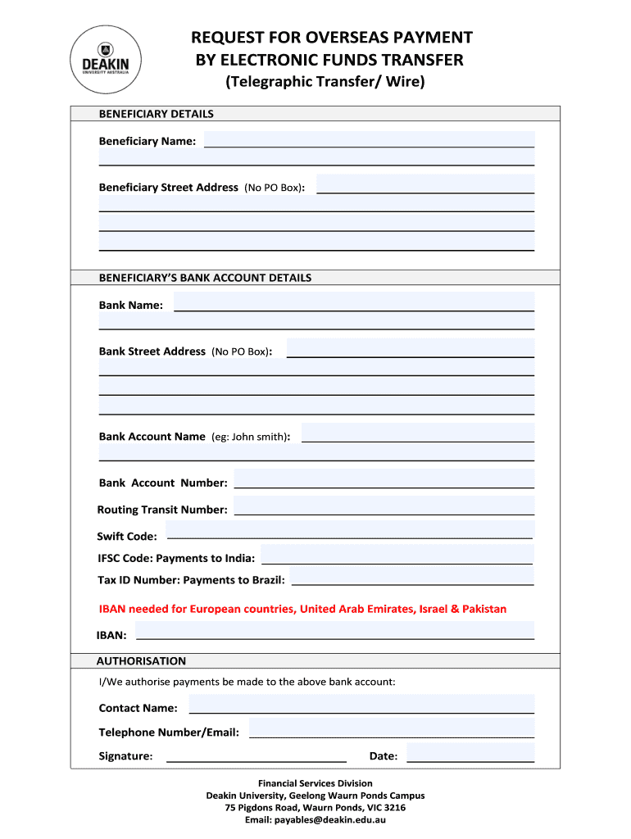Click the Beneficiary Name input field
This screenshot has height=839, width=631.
pos(369,139)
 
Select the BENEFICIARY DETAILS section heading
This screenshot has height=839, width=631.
pos(156,114)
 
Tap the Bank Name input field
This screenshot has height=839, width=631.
pos(354,302)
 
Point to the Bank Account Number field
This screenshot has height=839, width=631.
pos(384,480)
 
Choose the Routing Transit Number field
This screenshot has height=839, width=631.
pos(384,506)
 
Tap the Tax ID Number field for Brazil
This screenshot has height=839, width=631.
pos(412,578)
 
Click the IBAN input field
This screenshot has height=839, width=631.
pos(334,631)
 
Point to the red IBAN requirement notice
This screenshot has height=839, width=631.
pos(302,609)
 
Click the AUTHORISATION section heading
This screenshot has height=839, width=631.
pos(141,661)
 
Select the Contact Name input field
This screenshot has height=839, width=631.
pos(361,705)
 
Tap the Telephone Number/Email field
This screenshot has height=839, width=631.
pos(392,729)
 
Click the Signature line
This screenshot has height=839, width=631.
pos(256,755)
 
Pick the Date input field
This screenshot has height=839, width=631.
pos(470,753)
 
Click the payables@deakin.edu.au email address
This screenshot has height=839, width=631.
pos(330,819)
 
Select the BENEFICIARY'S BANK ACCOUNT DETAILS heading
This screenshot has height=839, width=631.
pos(205,278)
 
